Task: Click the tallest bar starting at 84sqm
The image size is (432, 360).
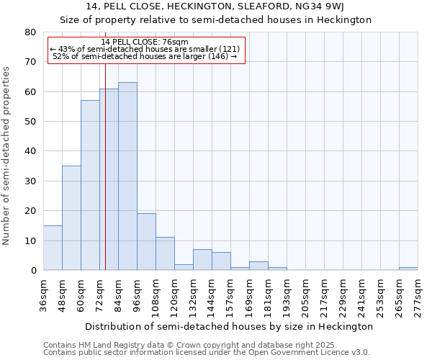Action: (x=127, y=176)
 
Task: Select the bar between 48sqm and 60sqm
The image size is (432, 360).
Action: (x=71, y=218)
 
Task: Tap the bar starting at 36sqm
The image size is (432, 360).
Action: (x=53, y=248)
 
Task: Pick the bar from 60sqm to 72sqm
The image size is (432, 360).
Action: (x=90, y=185)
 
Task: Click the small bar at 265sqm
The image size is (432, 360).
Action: (x=408, y=269)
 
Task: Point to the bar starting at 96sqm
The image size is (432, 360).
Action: (x=146, y=242)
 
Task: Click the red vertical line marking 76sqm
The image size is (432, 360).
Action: (x=105, y=180)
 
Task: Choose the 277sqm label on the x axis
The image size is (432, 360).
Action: (x=418, y=296)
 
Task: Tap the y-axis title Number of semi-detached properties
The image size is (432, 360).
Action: (x=7, y=156)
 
